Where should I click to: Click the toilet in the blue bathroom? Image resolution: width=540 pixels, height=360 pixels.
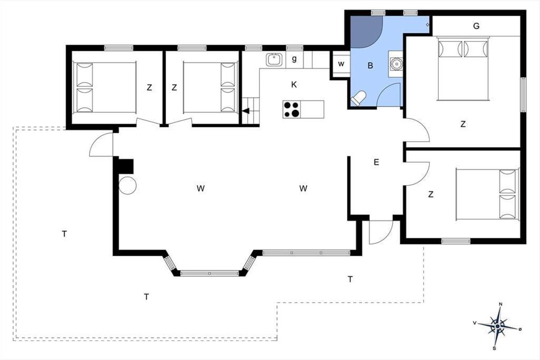coord(358,99)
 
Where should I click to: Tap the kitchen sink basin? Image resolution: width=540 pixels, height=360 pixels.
coord(274,59)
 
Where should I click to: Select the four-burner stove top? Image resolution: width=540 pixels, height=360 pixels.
coord(292,109)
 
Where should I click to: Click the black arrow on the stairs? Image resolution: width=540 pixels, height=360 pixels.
coord(246,111)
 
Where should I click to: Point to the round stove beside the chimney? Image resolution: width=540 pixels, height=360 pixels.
coord(127,185)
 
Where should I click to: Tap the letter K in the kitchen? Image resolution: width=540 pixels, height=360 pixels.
coord(294,85)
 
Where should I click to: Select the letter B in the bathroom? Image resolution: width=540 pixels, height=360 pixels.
coord(370,66)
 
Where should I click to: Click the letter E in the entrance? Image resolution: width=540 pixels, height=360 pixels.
coord(376,162)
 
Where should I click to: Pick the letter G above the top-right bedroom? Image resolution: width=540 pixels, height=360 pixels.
coord(476,26)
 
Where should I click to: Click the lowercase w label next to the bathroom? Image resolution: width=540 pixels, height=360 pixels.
coord(341,64)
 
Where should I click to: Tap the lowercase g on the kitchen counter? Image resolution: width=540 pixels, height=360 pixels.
coord(294,58)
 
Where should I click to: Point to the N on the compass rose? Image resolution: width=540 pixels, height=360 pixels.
coord(500,304)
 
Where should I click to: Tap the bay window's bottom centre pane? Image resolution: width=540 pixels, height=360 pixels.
coord(210,274)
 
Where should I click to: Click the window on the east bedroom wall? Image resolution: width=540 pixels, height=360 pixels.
coord(523,95)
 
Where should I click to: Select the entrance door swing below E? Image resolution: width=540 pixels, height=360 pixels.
coord(381,232)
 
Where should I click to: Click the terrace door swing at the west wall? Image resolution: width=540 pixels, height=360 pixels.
coord(101,144)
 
